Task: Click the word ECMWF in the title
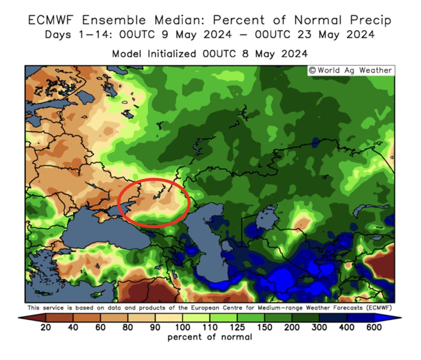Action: pos(52,20)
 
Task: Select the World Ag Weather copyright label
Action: pos(350,71)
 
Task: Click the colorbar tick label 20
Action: pos(46,327)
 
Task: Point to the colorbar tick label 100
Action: pos(182,327)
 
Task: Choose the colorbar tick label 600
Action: pos(374,327)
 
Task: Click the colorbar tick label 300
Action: pos(319,327)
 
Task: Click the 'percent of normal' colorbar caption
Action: pos(210,337)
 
